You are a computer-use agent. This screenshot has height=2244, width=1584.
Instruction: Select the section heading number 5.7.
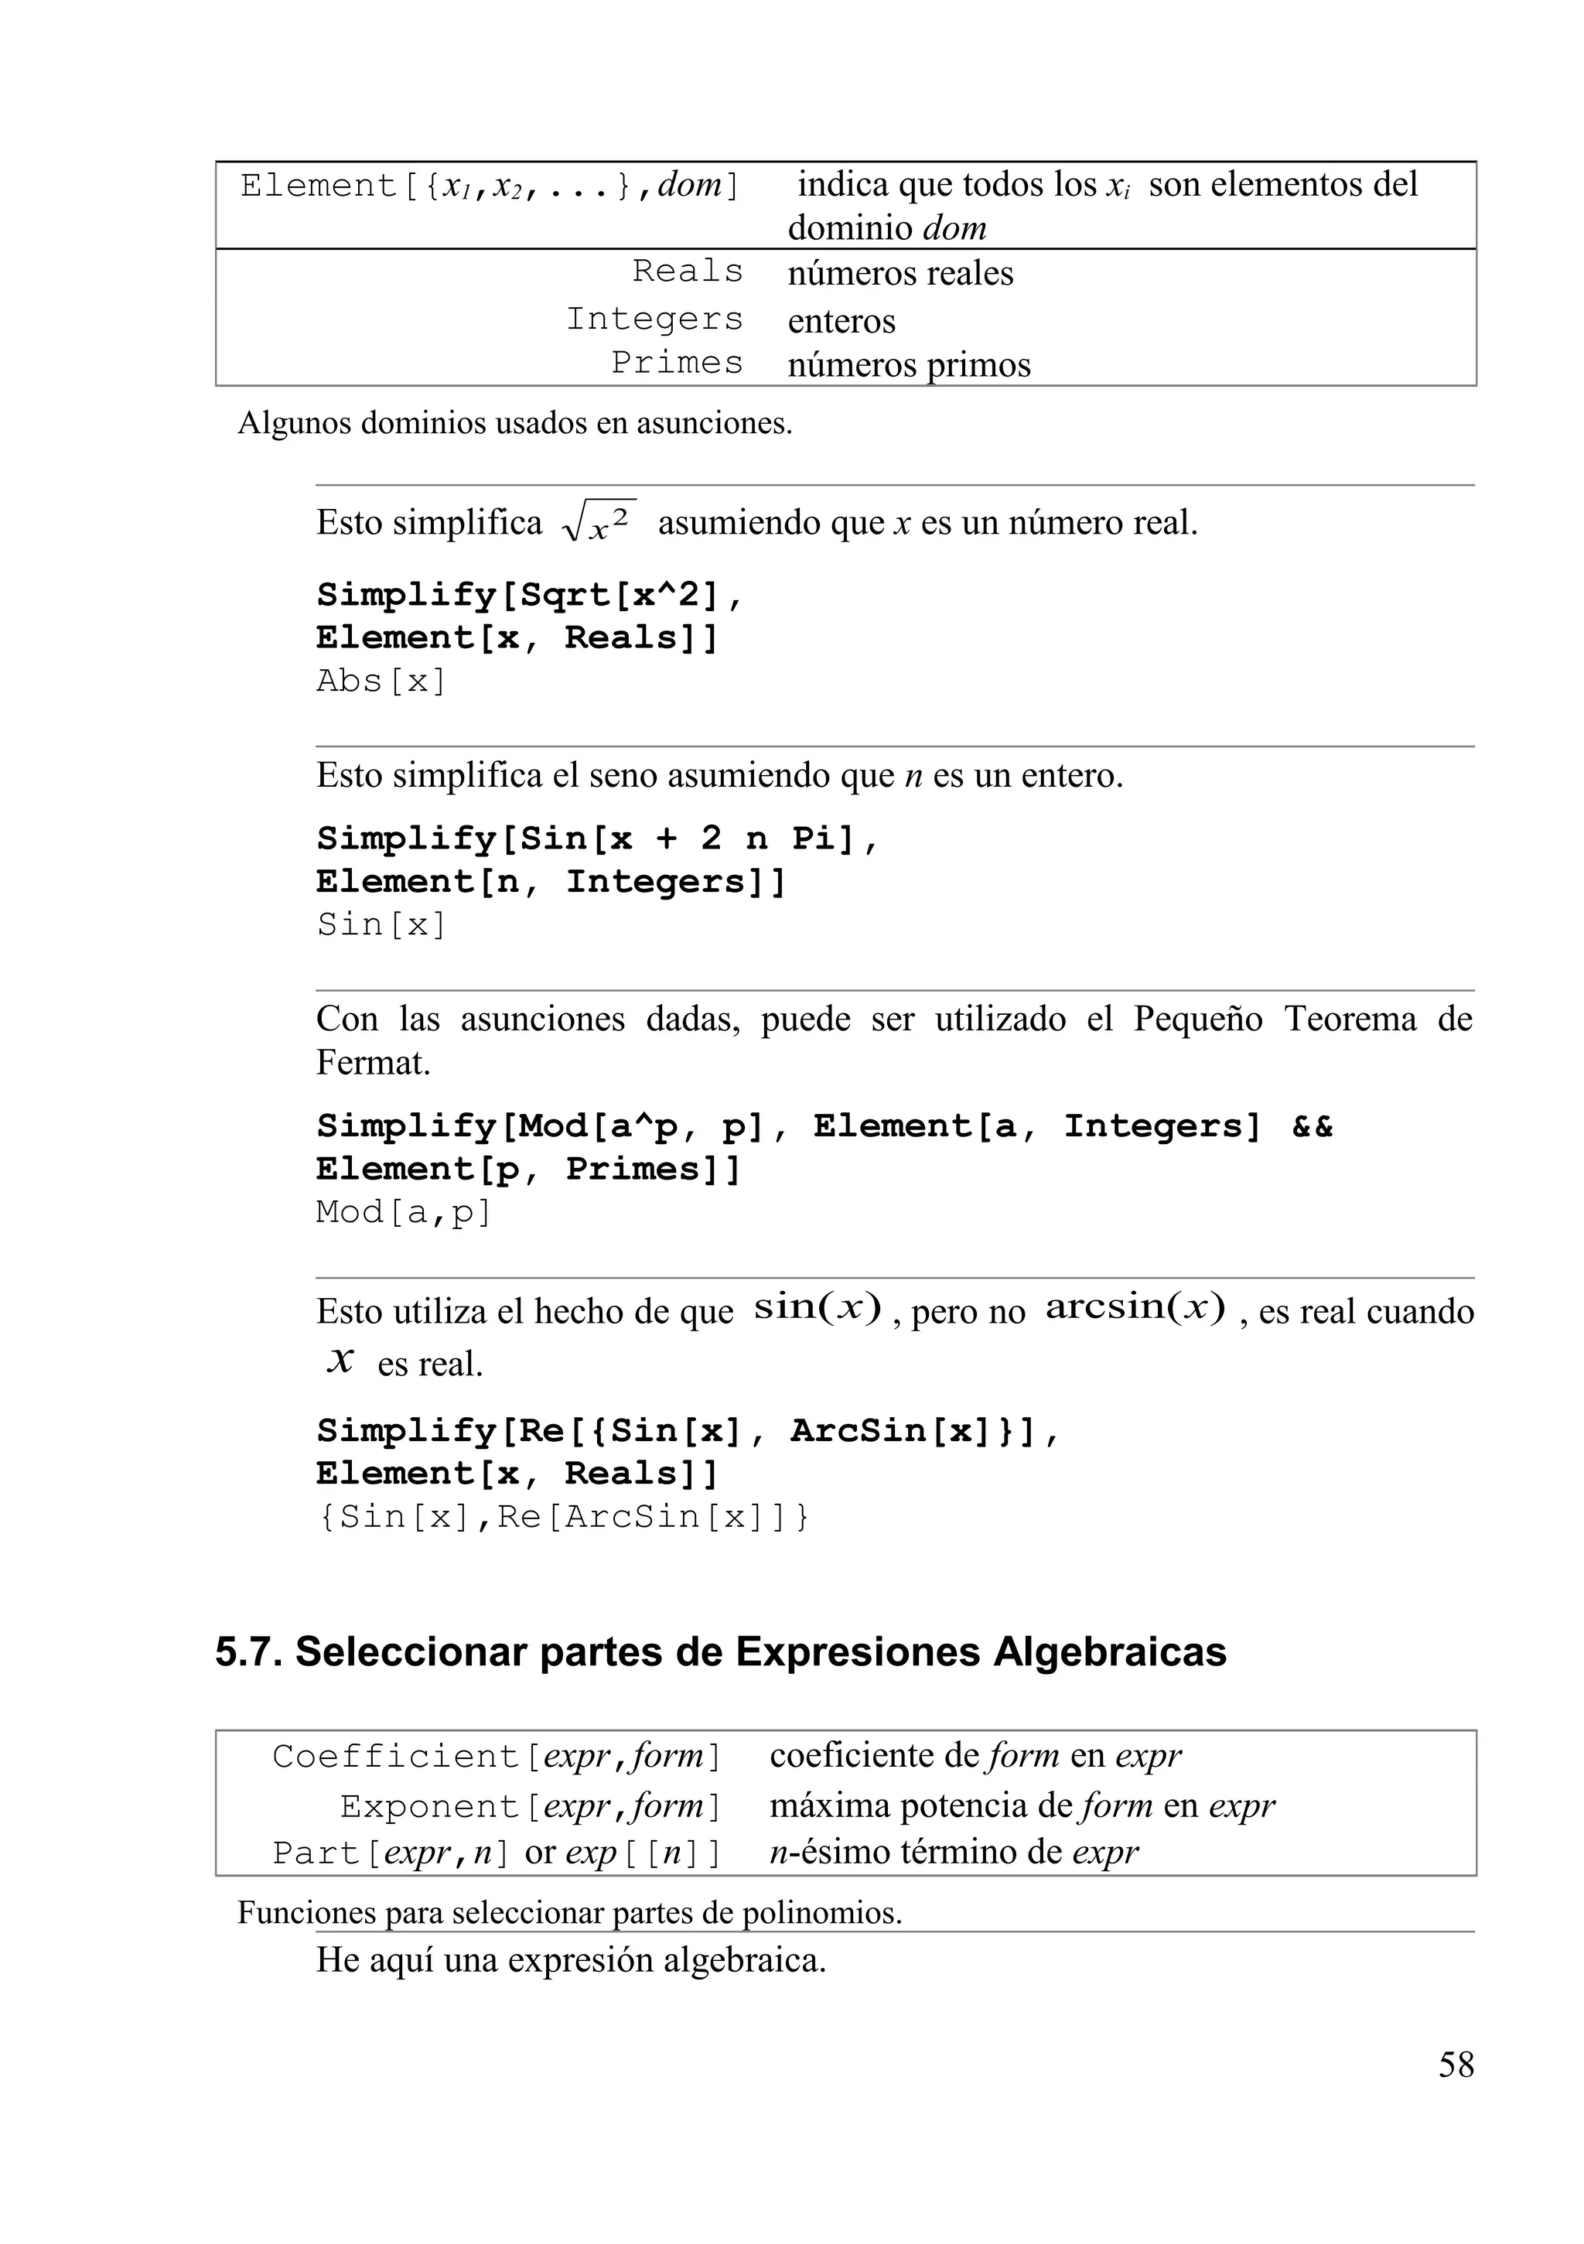(248, 1679)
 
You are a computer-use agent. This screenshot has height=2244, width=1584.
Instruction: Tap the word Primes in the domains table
(678, 363)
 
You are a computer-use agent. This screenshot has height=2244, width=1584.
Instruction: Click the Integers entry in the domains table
(654, 319)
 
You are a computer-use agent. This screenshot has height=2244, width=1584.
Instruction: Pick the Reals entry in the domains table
(688, 271)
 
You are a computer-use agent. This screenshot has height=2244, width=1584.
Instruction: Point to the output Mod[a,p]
(404, 1212)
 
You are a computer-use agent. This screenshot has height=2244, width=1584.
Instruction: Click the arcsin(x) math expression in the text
(1135, 1306)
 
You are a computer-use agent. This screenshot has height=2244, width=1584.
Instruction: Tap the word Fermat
(372, 1062)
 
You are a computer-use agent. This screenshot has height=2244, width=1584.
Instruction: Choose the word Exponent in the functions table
(428, 1806)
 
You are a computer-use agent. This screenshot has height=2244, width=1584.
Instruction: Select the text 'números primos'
(909, 364)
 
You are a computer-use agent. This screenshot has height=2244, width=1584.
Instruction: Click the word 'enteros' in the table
(841, 320)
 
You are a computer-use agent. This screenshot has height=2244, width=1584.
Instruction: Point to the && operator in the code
(1312, 1126)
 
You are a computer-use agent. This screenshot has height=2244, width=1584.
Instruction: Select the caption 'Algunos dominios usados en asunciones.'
(515, 423)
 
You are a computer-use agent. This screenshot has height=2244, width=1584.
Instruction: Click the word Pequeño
(1198, 1020)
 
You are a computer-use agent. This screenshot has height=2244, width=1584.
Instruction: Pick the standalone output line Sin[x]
(381, 924)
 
